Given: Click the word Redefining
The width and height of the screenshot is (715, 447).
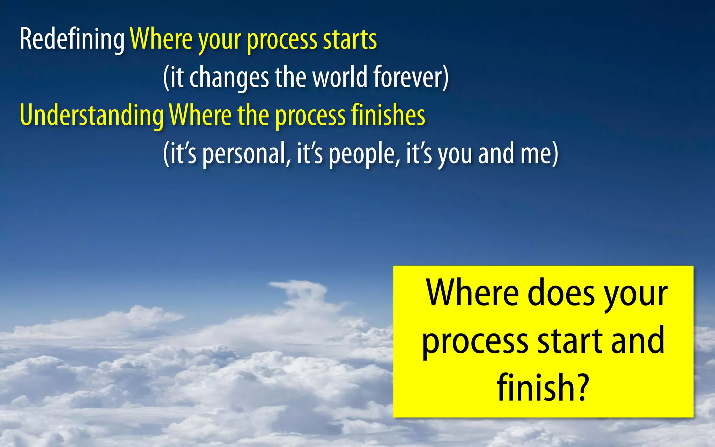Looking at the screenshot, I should click(72, 39).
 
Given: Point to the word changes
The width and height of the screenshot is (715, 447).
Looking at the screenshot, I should click(229, 78).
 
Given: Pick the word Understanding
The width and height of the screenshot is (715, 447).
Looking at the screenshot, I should click(92, 115).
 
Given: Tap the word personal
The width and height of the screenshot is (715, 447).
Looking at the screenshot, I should click(246, 154).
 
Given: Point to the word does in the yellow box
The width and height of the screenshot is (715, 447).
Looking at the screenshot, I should click(561, 293).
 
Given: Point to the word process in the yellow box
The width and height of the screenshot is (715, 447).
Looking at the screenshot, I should click(475, 342).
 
